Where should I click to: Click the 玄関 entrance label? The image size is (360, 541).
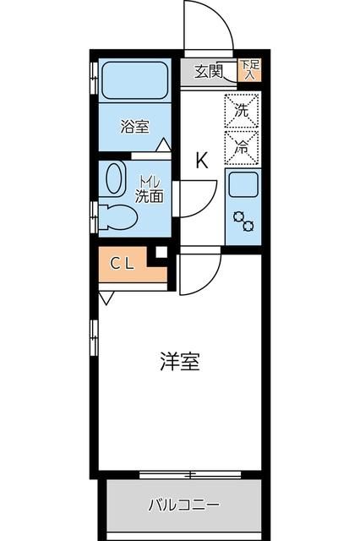coord(208,71)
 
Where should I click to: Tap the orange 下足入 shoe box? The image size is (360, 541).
coord(248,69)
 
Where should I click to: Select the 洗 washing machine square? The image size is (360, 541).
coord(241,109)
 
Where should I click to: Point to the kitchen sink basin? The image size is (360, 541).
coord(242,183)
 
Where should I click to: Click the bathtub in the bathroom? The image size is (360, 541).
coord(135,83)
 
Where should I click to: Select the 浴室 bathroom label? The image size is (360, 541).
coord(134,128)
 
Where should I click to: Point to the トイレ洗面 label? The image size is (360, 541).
coord(150,189)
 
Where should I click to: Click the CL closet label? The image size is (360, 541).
coord(121,263)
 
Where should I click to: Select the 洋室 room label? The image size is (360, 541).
coord(179,362)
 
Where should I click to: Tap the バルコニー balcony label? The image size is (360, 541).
coord(183,506)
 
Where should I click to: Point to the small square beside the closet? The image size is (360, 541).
coord(161,251)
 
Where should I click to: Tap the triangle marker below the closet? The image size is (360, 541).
coord(104,298)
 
